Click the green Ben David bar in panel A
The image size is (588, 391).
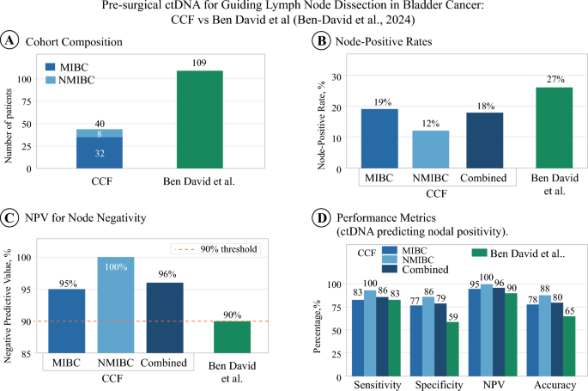pyautogui.click(x=199, y=119)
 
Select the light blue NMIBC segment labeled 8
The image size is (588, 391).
pyautogui.click(x=100, y=133)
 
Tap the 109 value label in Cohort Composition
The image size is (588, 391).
pyautogui.click(x=199, y=63)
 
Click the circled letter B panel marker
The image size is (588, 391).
pyautogui.click(x=321, y=40)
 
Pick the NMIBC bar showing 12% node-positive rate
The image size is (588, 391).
pyautogui.click(x=431, y=150)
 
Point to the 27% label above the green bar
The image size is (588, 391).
pyautogui.click(x=555, y=79)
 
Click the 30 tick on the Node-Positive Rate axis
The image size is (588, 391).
pyautogui.click(x=336, y=76)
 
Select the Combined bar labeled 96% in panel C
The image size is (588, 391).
pyautogui.click(x=165, y=318)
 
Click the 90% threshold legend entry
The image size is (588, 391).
pyautogui.click(x=215, y=249)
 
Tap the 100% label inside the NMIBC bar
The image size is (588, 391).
pyautogui.click(x=116, y=267)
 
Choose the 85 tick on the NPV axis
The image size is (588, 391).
pyautogui.click(x=26, y=353)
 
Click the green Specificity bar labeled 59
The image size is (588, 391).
pyautogui.click(x=452, y=349)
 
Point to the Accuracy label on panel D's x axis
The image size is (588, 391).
pyautogui.click(x=555, y=385)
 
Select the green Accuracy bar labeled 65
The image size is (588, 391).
pyautogui.click(x=569, y=346)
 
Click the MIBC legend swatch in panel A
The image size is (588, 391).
pyautogui.click(x=51, y=67)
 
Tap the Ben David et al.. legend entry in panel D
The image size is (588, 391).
pyautogui.click(x=518, y=254)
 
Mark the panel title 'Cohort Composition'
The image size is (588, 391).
pyautogui.click(x=74, y=41)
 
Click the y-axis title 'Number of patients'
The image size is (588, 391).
pyautogui.click(x=9, y=126)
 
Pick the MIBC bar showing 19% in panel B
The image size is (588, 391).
pyautogui.click(x=379, y=138)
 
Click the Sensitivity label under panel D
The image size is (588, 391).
pyautogui.click(x=378, y=385)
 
